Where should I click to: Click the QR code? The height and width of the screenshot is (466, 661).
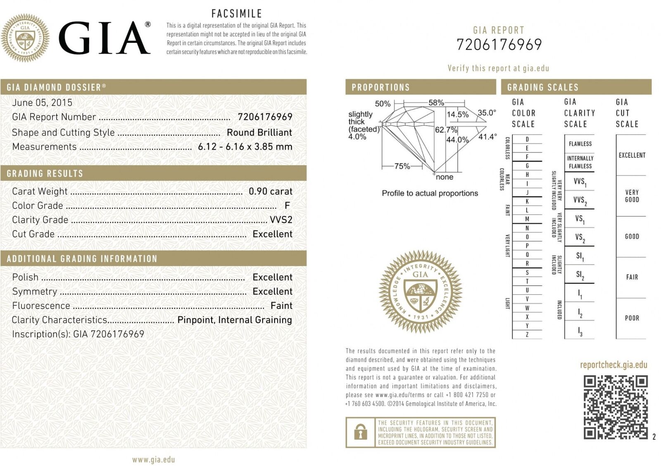(x=615, y=407)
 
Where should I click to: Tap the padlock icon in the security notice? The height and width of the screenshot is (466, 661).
(x=361, y=432)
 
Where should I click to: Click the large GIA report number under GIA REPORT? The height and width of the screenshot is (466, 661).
(x=499, y=45)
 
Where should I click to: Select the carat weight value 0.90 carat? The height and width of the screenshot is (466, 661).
(x=270, y=191)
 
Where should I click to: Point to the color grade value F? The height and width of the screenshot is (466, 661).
(x=287, y=206)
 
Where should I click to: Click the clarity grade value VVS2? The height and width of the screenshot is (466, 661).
(x=281, y=220)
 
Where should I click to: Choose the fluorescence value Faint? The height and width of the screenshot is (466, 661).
(x=281, y=305)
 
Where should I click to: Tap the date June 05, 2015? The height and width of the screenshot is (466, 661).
(x=42, y=102)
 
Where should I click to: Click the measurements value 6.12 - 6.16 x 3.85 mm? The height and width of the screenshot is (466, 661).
(x=245, y=147)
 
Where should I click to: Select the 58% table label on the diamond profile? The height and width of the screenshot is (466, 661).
(x=436, y=102)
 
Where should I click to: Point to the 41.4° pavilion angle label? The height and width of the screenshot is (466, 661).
(x=487, y=137)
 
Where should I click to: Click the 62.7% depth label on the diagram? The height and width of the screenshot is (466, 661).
(x=446, y=130)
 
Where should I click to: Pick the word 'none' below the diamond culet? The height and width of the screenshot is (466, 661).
(x=445, y=177)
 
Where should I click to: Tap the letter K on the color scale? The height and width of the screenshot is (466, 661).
(x=527, y=201)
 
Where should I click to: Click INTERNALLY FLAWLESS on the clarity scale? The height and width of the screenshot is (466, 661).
(x=580, y=162)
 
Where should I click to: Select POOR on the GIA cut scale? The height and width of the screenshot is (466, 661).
(x=632, y=318)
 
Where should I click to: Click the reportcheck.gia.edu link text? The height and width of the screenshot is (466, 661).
(x=613, y=364)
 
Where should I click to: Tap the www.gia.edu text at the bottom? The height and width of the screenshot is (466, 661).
(x=153, y=459)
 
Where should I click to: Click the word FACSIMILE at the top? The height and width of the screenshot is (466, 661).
(x=237, y=14)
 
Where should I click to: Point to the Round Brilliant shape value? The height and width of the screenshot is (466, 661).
(x=259, y=132)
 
